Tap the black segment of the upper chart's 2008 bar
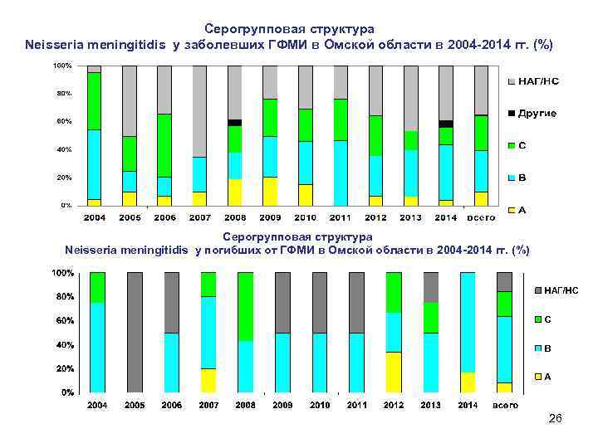[235, 123]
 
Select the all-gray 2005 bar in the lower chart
[135, 332]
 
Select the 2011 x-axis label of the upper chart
[341, 217]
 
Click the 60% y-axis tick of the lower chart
[63, 320]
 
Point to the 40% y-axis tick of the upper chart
[63, 150]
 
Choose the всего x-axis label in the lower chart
[505, 405]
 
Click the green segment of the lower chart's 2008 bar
[245, 307]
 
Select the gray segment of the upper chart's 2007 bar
[199, 111]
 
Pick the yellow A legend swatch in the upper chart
[512, 211]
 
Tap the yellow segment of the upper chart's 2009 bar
[270, 191]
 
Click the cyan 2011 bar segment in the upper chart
[341, 173]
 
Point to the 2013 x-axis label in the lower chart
[430, 405]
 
